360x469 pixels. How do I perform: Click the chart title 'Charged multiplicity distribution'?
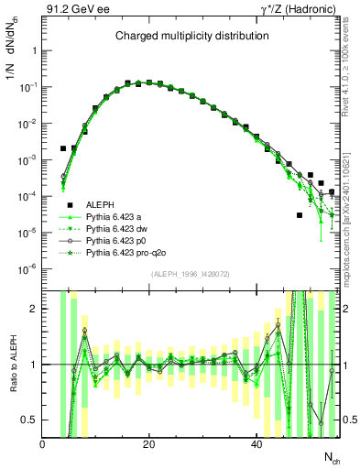(191, 37)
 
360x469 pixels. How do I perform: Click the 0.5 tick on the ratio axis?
(31, 420)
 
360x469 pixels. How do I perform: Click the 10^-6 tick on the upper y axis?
(27, 268)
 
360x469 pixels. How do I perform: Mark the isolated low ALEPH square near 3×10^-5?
(300, 215)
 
